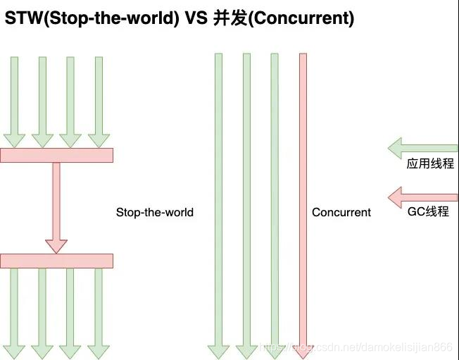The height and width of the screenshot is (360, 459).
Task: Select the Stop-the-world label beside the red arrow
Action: coord(154,212)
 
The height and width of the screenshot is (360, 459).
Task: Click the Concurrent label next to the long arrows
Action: coord(341,212)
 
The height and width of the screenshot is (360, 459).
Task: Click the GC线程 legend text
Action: coord(428,211)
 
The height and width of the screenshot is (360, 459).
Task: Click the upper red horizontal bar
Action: coord(56,155)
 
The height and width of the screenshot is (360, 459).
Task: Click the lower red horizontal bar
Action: coord(56,261)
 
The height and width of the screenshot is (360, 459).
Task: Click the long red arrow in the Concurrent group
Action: coord(303,204)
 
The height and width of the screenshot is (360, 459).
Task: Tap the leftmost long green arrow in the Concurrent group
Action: coord(218,204)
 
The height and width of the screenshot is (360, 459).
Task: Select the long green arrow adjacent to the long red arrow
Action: coord(275,204)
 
